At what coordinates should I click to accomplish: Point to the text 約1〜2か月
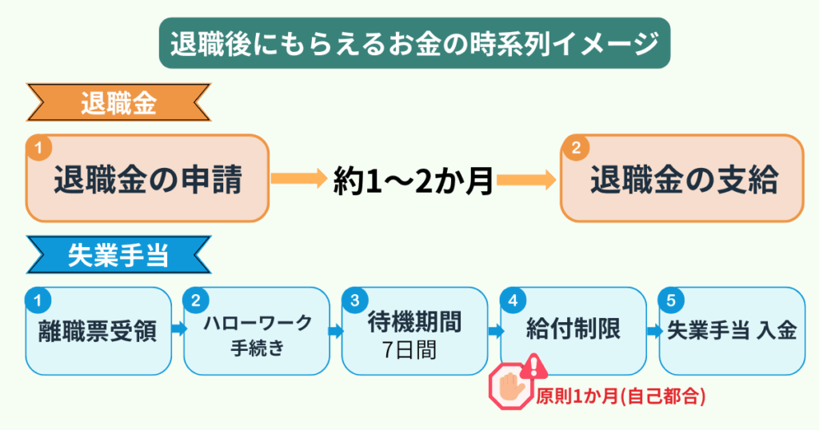pyautogui.click(x=413, y=182)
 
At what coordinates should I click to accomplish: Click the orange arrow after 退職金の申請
pyautogui.click(x=297, y=177)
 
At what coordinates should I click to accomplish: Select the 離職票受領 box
pyautogui.click(x=98, y=330)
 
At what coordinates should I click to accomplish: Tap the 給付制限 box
pyautogui.click(x=573, y=330)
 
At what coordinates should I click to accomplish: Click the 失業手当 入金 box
pyautogui.click(x=732, y=330)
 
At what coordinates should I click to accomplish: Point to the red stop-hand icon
pyautogui.click(x=510, y=388)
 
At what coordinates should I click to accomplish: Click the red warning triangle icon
pyautogui.click(x=534, y=367)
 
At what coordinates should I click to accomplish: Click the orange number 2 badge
pyautogui.click(x=575, y=148)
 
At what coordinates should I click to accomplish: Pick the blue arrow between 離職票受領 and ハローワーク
pyautogui.click(x=178, y=328)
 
